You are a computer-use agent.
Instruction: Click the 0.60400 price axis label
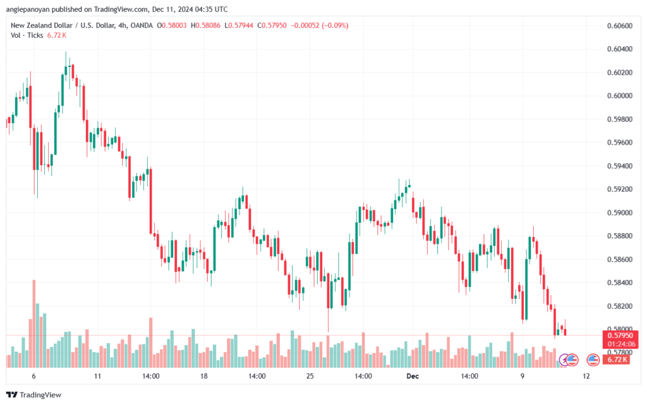coord(620,49)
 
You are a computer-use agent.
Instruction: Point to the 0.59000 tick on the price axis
coord(620,213)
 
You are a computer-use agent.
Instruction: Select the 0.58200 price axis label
coord(620,306)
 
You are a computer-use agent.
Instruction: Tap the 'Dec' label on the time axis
coord(413,376)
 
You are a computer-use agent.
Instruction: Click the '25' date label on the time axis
coord(310,376)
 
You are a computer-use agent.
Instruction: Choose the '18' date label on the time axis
coord(204,376)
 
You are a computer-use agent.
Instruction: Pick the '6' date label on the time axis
coord(34,376)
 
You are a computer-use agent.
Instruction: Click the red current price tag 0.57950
coord(620,335)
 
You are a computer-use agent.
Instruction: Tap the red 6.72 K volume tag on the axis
coord(617,360)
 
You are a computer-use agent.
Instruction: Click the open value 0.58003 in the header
coord(174,25)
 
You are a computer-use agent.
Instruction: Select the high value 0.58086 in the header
coord(208,25)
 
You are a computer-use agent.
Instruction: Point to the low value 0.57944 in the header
coord(241,25)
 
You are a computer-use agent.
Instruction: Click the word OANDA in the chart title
coord(142,25)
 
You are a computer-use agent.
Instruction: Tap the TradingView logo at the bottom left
coord(34,395)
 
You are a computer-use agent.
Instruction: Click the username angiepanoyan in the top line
coord(28,9)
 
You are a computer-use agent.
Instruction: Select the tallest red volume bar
coord(34,323)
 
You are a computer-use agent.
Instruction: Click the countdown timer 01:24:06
coord(620,344)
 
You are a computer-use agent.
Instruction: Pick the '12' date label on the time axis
coord(586,376)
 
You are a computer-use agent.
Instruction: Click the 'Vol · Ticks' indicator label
coord(27,35)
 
